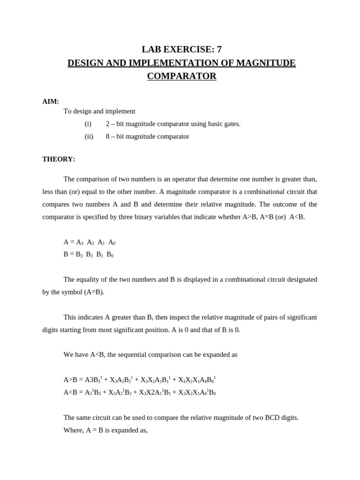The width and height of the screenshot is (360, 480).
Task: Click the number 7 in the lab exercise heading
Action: click(218, 49)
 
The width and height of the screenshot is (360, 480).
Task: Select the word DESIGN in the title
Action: click(87, 63)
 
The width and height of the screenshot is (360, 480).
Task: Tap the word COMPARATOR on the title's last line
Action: click(182, 76)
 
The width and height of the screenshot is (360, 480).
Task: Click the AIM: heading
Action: click(51, 101)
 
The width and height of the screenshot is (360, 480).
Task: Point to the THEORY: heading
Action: click(59, 159)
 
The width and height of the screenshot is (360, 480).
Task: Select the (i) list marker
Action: click(88, 124)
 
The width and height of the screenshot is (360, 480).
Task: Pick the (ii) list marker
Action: click(89, 136)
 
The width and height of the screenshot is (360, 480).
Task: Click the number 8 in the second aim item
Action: click(108, 136)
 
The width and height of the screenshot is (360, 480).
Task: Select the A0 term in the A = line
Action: click(112, 242)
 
